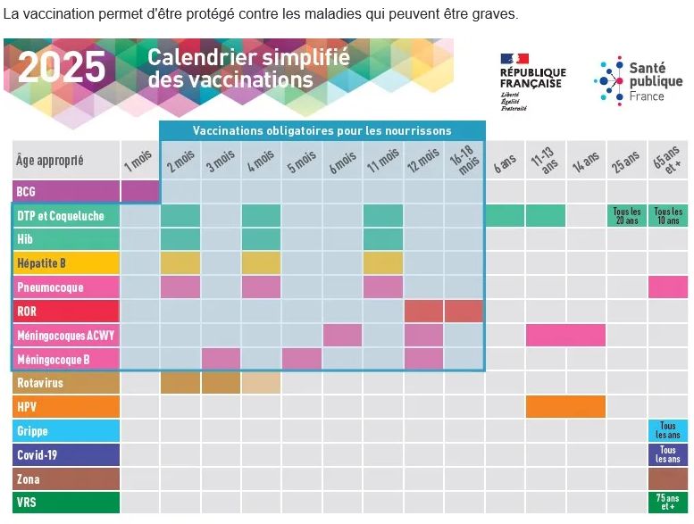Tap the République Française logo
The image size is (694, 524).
pos(532,81)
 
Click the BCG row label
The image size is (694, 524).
pos(66,191)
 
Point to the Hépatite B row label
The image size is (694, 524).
pos(66,263)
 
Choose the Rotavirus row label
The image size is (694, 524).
pos(66,383)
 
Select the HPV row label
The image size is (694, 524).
pos(66,407)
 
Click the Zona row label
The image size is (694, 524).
pos(66,478)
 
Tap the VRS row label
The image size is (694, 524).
pos(66,503)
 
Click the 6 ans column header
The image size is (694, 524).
pos(505,161)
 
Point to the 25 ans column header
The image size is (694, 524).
pos(627,161)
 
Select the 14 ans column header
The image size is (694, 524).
pos(586,161)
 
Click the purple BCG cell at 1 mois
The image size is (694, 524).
pos(140,191)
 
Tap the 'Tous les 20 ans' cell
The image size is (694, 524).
pos(627,216)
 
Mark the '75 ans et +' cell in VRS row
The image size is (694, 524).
pos(668,503)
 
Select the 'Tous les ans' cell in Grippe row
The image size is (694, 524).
pos(668,431)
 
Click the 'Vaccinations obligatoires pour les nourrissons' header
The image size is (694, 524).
pos(322,130)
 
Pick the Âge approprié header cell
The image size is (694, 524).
pos(66,161)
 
